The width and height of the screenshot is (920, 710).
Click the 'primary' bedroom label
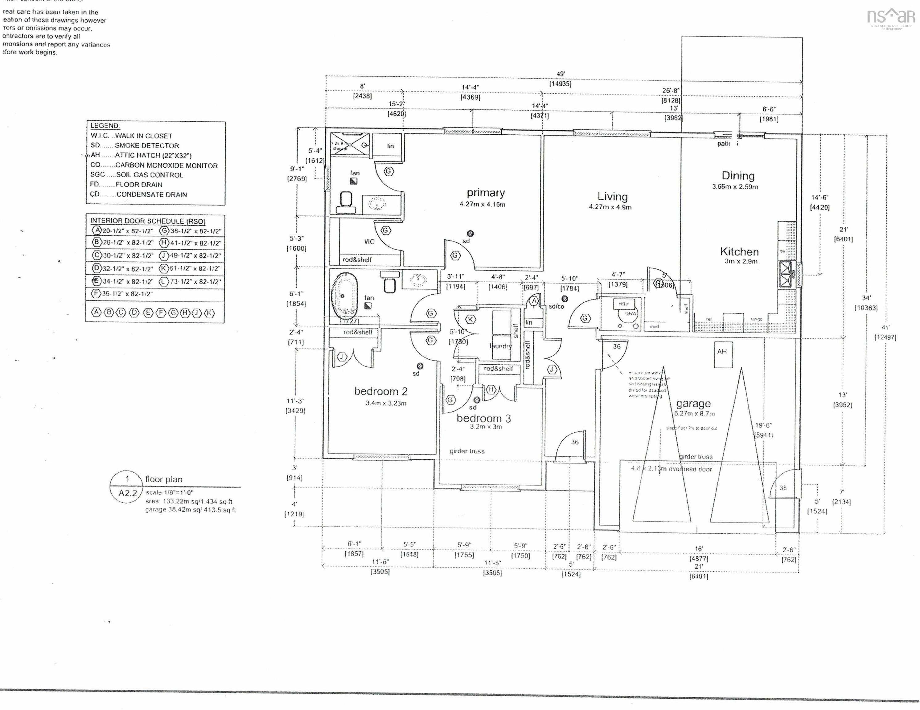(x=485, y=193)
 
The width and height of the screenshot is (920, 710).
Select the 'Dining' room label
(x=737, y=176)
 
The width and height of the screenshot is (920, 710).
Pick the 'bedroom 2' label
(x=380, y=391)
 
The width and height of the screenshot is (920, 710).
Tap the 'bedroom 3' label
(x=484, y=418)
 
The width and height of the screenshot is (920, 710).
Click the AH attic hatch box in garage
(x=722, y=352)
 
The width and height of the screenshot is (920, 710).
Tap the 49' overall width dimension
(x=560, y=75)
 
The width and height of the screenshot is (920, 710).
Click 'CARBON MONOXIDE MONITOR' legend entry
(x=166, y=165)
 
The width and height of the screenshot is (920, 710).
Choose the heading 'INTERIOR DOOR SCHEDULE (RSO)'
(x=147, y=221)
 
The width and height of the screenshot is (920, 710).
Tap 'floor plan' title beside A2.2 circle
(x=163, y=479)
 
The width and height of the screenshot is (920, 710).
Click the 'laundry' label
(x=500, y=346)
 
